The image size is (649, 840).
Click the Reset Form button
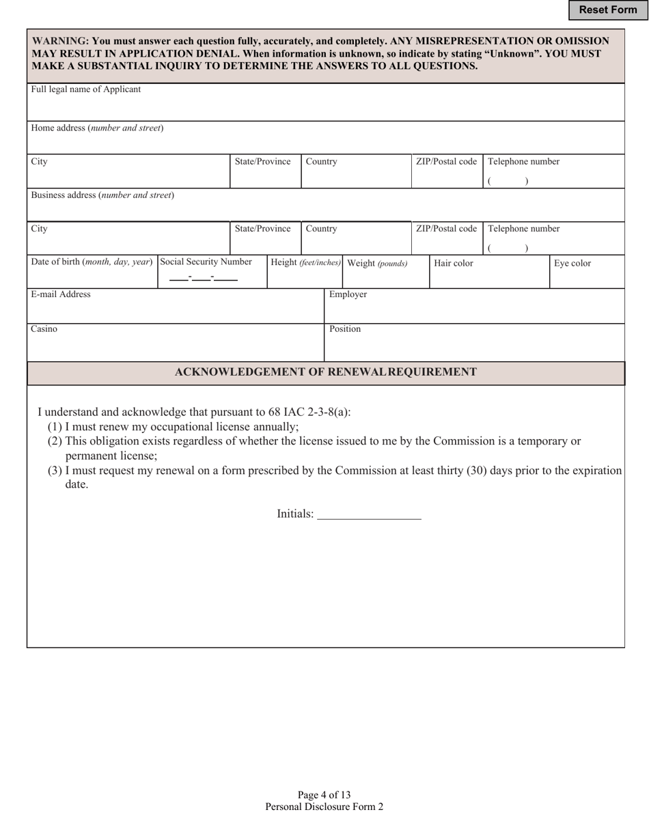(x=607, y=10)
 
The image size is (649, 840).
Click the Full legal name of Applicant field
(x=326, y=108)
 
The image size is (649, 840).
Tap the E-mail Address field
(x=175, y=311)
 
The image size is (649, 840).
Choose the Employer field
(x=474, y=311)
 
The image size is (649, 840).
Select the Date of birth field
(x=92, y=277)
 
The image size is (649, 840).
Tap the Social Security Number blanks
(x=203, y=277)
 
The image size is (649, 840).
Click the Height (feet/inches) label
(x=305, y=262)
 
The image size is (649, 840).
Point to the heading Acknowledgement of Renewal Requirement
(x=326, y=372)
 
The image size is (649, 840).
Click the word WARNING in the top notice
(x=59, y=41)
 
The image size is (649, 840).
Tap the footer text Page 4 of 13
(x=324, y=795)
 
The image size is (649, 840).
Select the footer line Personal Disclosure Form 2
(x=324, y=807)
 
